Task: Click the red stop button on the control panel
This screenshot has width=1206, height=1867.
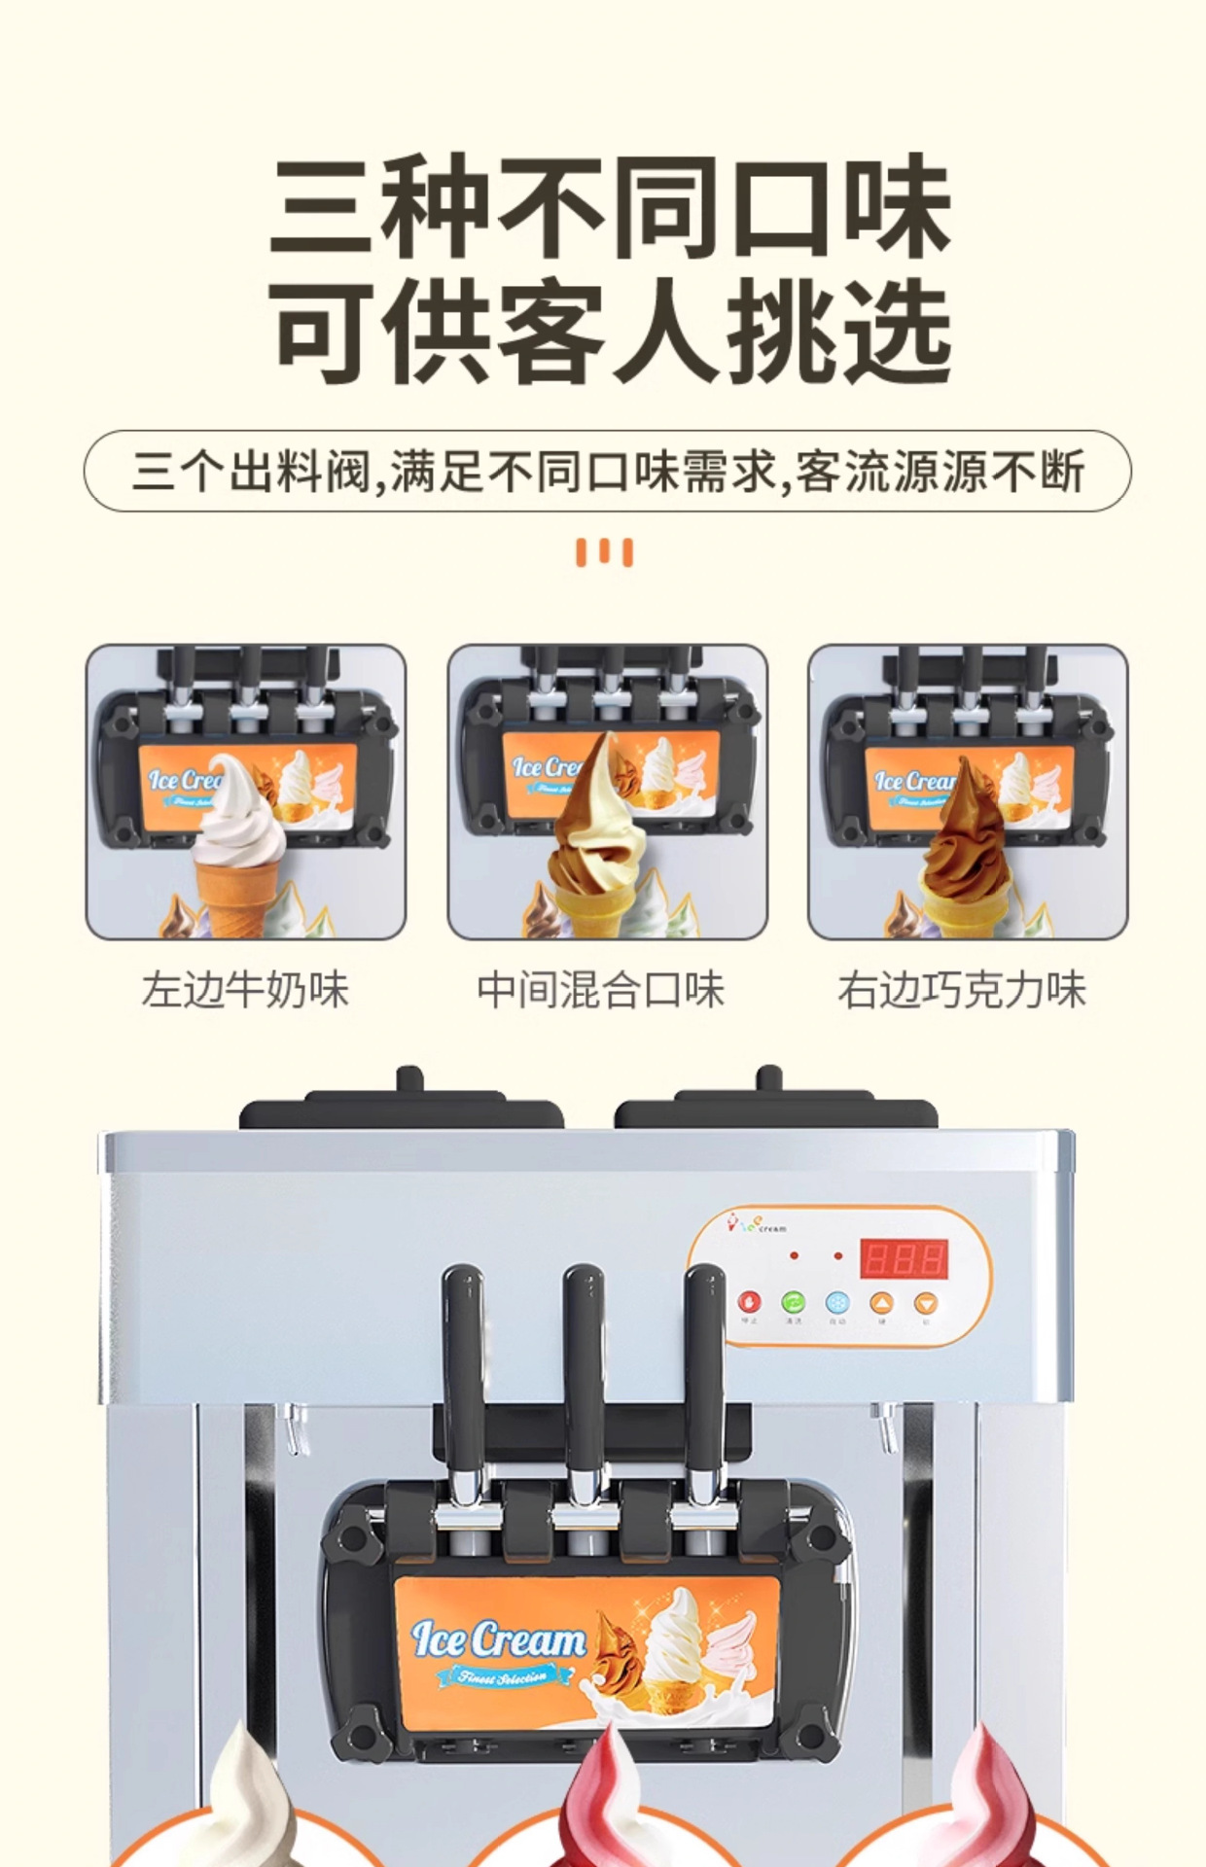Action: [749, 1302]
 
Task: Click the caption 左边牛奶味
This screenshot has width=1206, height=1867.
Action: [245, 991]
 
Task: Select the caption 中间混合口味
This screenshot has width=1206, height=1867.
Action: [600, 991]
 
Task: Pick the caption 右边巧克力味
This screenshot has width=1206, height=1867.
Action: [961, 991]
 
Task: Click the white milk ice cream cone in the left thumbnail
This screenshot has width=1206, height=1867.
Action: [238, 836]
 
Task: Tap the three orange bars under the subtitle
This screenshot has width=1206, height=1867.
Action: [604, 552]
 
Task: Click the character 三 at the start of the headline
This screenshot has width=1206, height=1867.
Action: [324, 208]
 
